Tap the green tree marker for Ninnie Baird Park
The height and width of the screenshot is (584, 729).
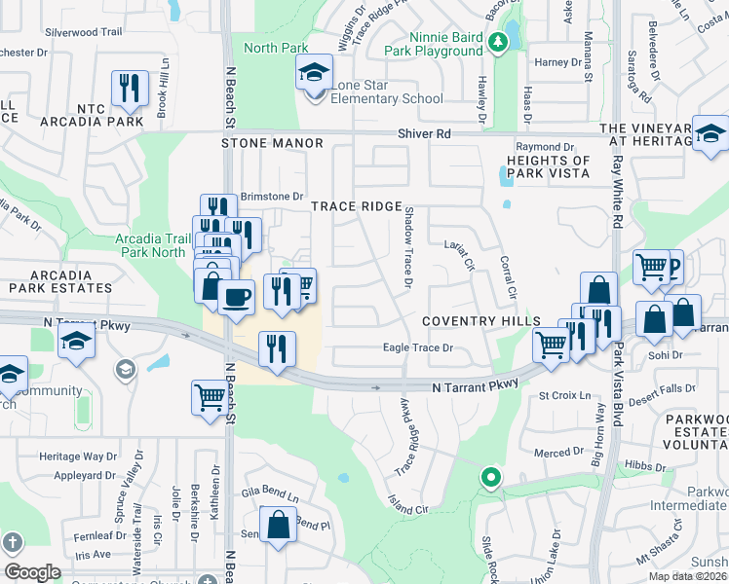click(498, 42)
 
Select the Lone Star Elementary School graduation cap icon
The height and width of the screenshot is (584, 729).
click(314, 74)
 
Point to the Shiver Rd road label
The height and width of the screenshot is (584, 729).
click(424, 133)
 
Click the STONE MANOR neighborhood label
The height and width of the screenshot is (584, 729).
click(272, 143)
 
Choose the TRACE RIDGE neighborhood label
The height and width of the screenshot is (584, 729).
click(356, 206)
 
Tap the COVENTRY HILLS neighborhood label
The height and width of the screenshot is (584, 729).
click(481, 321)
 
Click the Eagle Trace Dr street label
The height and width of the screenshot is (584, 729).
click(418, 347)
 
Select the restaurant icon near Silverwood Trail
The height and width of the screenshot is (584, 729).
click(129, 89)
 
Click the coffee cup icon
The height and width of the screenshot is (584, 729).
click(235, 295)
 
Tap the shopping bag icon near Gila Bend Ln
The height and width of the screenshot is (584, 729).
click(279, 523)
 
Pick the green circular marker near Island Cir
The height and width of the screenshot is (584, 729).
click(490, 478)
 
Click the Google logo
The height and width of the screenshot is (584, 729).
click(32, 572)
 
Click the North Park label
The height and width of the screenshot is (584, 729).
click(276, 48)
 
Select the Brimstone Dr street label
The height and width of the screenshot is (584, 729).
click(272, 196)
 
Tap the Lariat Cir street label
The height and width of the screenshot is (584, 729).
click(459, 254)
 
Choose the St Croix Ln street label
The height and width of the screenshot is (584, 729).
click(565, 395)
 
